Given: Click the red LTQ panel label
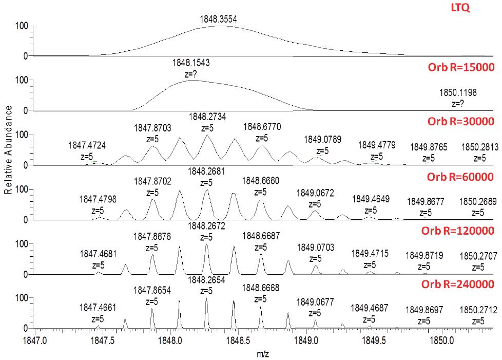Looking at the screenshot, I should (482, 9).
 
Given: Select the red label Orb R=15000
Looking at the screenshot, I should (460, 67).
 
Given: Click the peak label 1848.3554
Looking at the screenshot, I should (219, 19).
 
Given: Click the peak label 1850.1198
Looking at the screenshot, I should (458, 93).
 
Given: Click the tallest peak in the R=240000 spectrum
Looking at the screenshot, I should (206, 299).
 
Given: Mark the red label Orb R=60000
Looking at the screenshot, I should (460, 177).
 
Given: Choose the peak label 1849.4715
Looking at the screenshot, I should (370, 253).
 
